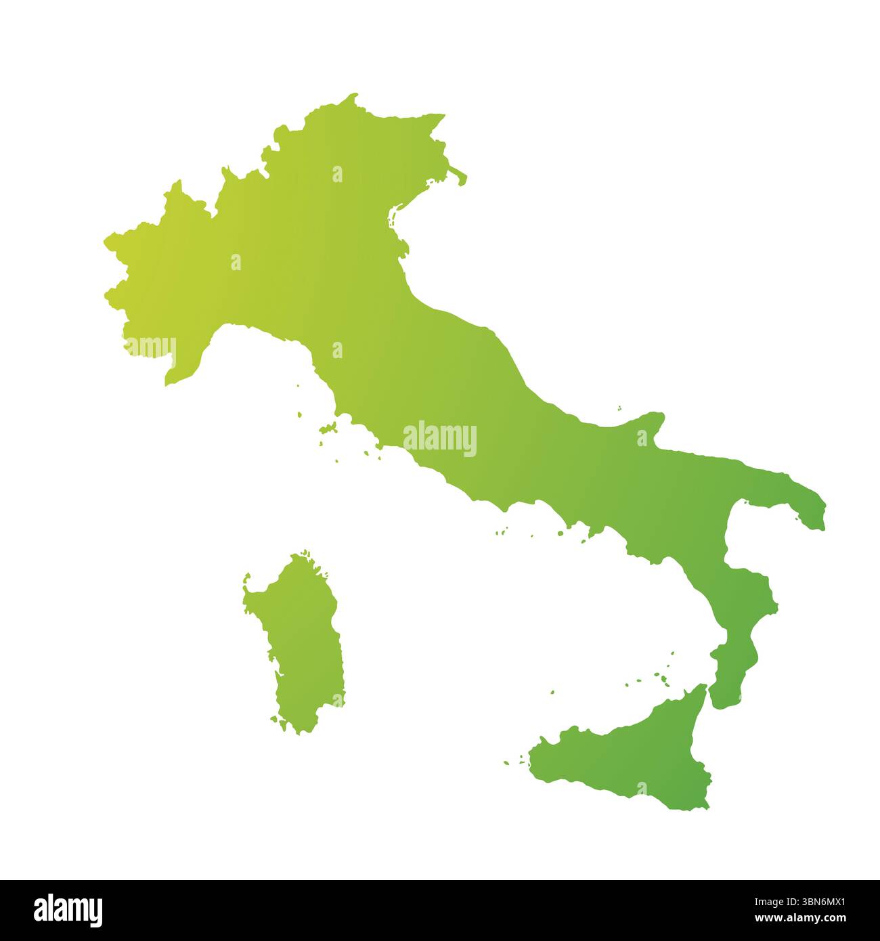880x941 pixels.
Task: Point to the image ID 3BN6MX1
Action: click(x=806, y=902)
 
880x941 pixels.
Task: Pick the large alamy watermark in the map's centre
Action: click(x=440, y=438)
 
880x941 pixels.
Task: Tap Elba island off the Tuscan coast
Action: click(x=330, y=428)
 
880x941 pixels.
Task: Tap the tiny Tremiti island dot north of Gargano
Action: click(x=619, y=408)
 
